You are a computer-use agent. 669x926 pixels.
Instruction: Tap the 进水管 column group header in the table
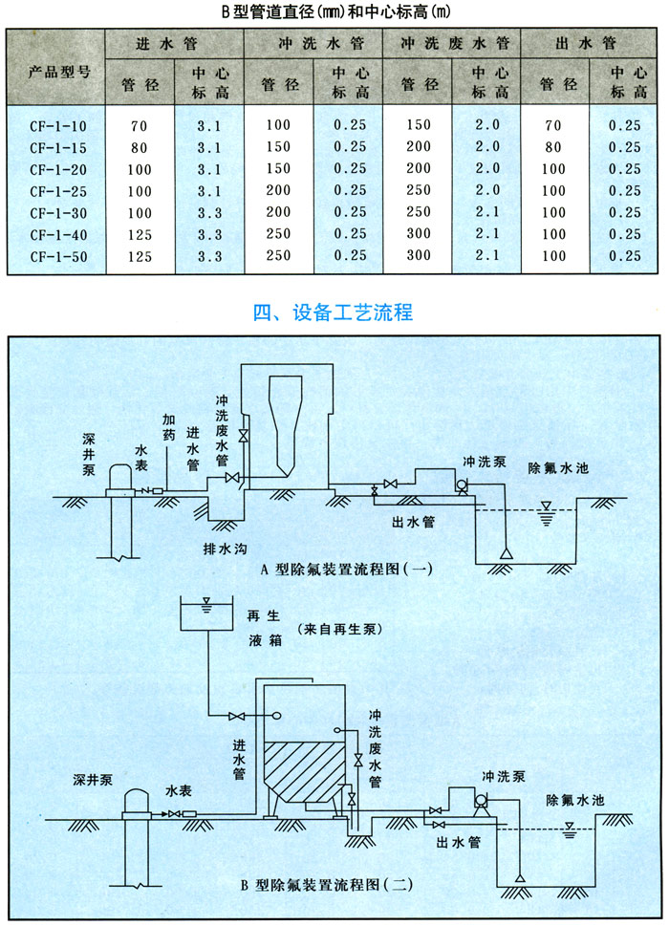[175, 45]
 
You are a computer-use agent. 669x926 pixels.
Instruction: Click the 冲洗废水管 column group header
[453, 45]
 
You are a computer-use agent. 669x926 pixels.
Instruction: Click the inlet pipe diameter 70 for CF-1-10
[140, 125]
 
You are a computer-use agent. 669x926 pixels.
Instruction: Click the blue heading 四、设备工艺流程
[334, 312]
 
